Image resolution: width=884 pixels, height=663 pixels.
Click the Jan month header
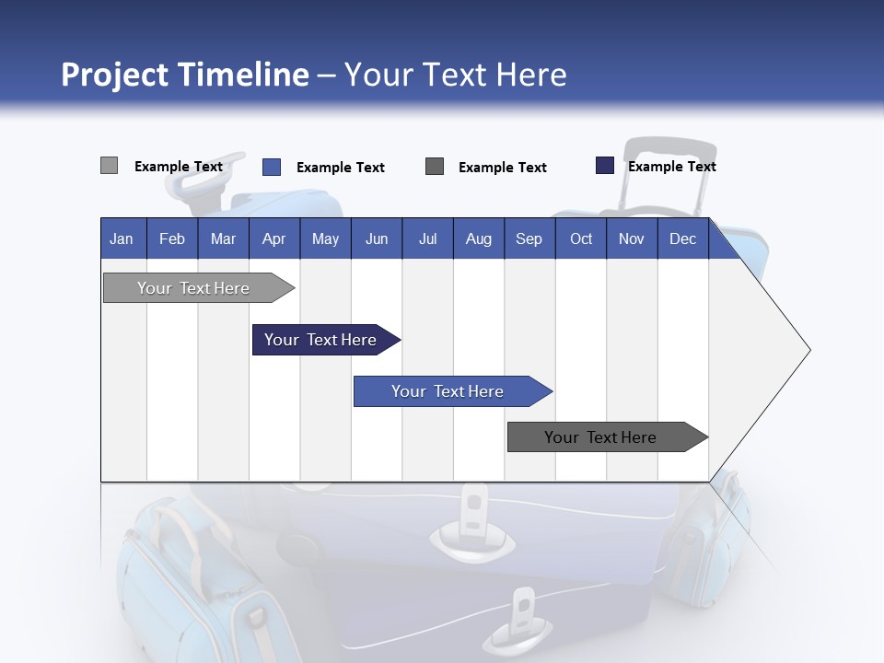(x=122, y=239)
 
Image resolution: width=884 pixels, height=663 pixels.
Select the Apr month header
(x=274, y=239)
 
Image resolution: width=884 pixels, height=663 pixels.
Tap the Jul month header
(x=427, y=239)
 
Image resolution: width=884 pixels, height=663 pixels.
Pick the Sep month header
(x=529, y=239)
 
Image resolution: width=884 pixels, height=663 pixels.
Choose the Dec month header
(x=682, y=239)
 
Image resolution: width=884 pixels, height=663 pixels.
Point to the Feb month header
(x=172, y=239)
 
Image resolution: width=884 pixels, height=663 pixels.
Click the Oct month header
(x=581, y=239)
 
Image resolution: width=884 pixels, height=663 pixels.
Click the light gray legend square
(x=109, y=166)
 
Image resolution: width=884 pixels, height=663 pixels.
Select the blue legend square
(x=271, y=167)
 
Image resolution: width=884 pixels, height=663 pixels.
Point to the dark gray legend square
(x=435, y=167)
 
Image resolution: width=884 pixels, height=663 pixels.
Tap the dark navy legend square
(x=604, y=166)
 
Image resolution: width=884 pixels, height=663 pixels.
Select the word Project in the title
(x=113, y=75)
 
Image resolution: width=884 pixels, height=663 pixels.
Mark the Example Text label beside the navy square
(x=671, y=167)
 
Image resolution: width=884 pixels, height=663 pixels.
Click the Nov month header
(x=631, y=239)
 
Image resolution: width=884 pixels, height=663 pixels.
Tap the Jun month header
(x=377, y=239)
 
